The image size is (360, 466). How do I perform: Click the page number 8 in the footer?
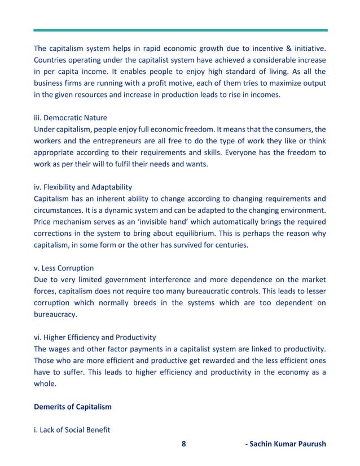click(x=183, y=443)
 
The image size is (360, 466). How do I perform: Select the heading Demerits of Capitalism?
click(x=73, y=406)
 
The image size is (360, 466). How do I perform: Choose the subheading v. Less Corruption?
click(x=64, y=268)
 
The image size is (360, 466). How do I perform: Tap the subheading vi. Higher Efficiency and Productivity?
click(x=95, y=337)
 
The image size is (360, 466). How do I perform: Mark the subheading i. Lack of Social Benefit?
click(x=72, y=430)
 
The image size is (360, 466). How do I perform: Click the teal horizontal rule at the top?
click(x=180, y=30)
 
